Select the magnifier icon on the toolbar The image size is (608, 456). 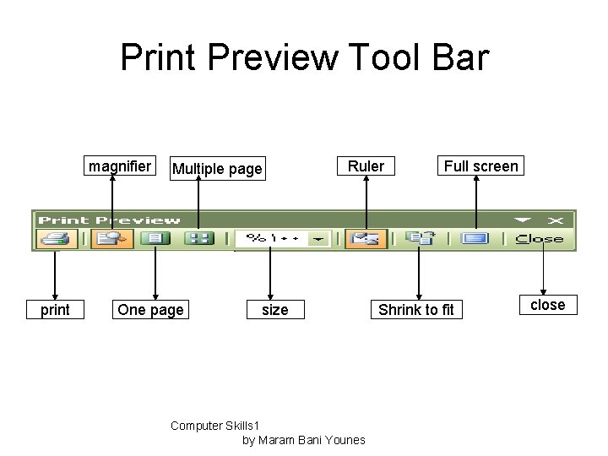111,239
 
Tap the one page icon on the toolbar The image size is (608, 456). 155,239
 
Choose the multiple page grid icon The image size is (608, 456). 199,239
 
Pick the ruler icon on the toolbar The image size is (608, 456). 366,239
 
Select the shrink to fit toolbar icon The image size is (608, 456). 419,239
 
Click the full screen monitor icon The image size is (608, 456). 475,239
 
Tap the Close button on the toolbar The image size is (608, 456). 540,239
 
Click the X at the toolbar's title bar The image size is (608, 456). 556,220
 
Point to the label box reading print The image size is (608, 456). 56,310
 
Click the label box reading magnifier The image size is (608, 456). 120,166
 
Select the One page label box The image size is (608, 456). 150,310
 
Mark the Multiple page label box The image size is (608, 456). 217,169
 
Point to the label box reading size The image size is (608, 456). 274,310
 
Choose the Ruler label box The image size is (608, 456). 366,166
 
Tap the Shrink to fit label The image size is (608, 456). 415,310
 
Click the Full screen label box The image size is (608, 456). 480,166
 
